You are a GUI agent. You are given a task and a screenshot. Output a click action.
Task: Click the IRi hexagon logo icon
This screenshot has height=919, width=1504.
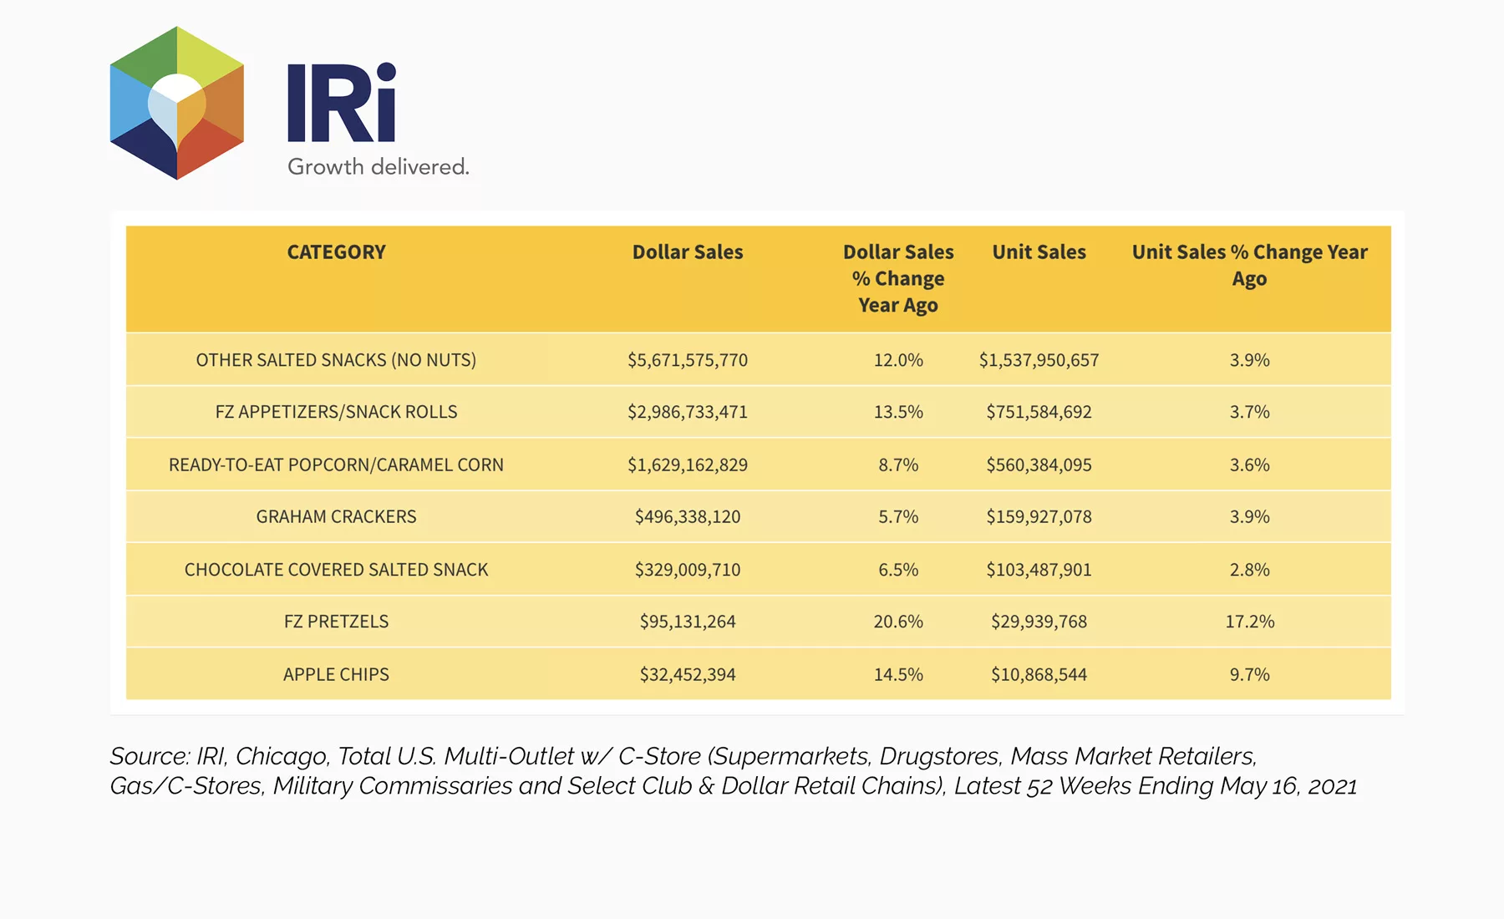[x=177, y=103]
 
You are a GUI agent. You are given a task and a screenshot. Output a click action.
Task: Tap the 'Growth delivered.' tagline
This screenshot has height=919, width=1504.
[x=379, y=167]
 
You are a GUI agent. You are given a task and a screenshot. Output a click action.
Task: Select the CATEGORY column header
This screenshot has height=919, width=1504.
[x=337, y=252]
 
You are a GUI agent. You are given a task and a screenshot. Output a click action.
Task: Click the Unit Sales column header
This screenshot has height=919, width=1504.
[x=1039, y=252]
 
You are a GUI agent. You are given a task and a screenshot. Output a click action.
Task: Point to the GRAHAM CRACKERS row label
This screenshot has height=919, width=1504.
[x=337, y=517]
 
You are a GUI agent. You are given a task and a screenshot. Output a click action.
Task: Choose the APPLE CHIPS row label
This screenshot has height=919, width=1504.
[x=337, y=674]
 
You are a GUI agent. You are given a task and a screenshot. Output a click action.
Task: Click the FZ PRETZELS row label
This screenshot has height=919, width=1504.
[x=337, y=622]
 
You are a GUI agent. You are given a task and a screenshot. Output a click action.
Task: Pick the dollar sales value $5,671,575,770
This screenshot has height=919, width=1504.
[x=688, y=360]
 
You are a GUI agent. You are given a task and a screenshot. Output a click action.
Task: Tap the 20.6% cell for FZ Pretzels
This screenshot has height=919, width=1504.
[x=898, y=622]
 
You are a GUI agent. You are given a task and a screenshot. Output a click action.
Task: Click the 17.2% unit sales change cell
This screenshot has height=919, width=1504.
[x=1250, y=622]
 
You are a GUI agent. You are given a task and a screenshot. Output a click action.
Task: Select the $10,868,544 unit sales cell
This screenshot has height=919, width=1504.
[x=1039, y=674]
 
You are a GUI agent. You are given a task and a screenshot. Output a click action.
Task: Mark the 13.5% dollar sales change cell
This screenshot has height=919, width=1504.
[x=898, y=412]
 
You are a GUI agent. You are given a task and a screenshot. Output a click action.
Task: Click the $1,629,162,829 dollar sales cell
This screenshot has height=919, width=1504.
[x=688, y=465]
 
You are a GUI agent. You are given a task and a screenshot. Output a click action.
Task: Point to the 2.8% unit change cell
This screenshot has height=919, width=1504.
[x=1250, y=570]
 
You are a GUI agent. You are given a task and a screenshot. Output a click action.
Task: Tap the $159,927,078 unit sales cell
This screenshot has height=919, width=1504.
[x=1039, y=517]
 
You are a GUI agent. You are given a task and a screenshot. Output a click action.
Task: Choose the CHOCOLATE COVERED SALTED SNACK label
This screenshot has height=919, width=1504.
[x=337, y=570]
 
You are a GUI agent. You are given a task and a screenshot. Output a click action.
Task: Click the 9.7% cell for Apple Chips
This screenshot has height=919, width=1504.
[x=1250, y=674]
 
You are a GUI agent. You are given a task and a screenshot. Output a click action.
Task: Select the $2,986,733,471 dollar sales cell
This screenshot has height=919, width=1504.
[x=688, y=412]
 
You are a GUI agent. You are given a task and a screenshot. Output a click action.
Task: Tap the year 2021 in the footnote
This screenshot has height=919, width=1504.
[x=1333, y=786]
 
